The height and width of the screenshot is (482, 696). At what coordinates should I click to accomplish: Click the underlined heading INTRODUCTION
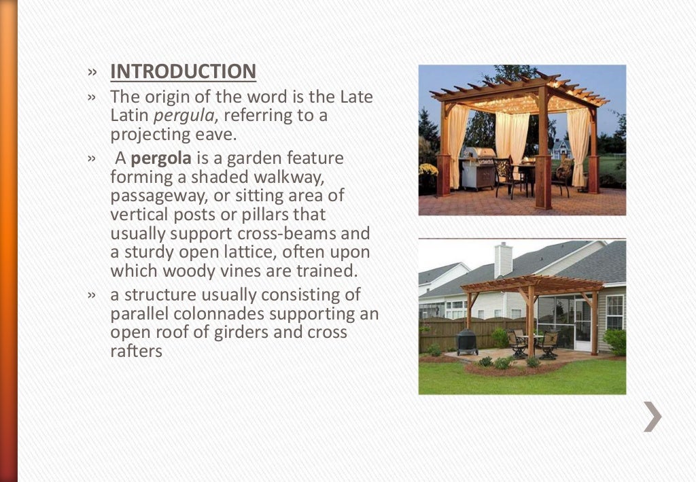click(x=183, y=71)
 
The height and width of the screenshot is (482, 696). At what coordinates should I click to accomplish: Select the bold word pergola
click(x=161, y=159)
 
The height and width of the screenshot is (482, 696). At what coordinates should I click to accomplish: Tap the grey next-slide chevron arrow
click(x=652, y=416)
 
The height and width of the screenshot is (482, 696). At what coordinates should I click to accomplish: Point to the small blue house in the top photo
click(x=560, y=149)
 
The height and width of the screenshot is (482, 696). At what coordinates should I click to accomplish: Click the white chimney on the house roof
click(x=503, y=259)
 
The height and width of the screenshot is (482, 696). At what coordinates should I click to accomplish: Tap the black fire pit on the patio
click(x=467, y=341)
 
